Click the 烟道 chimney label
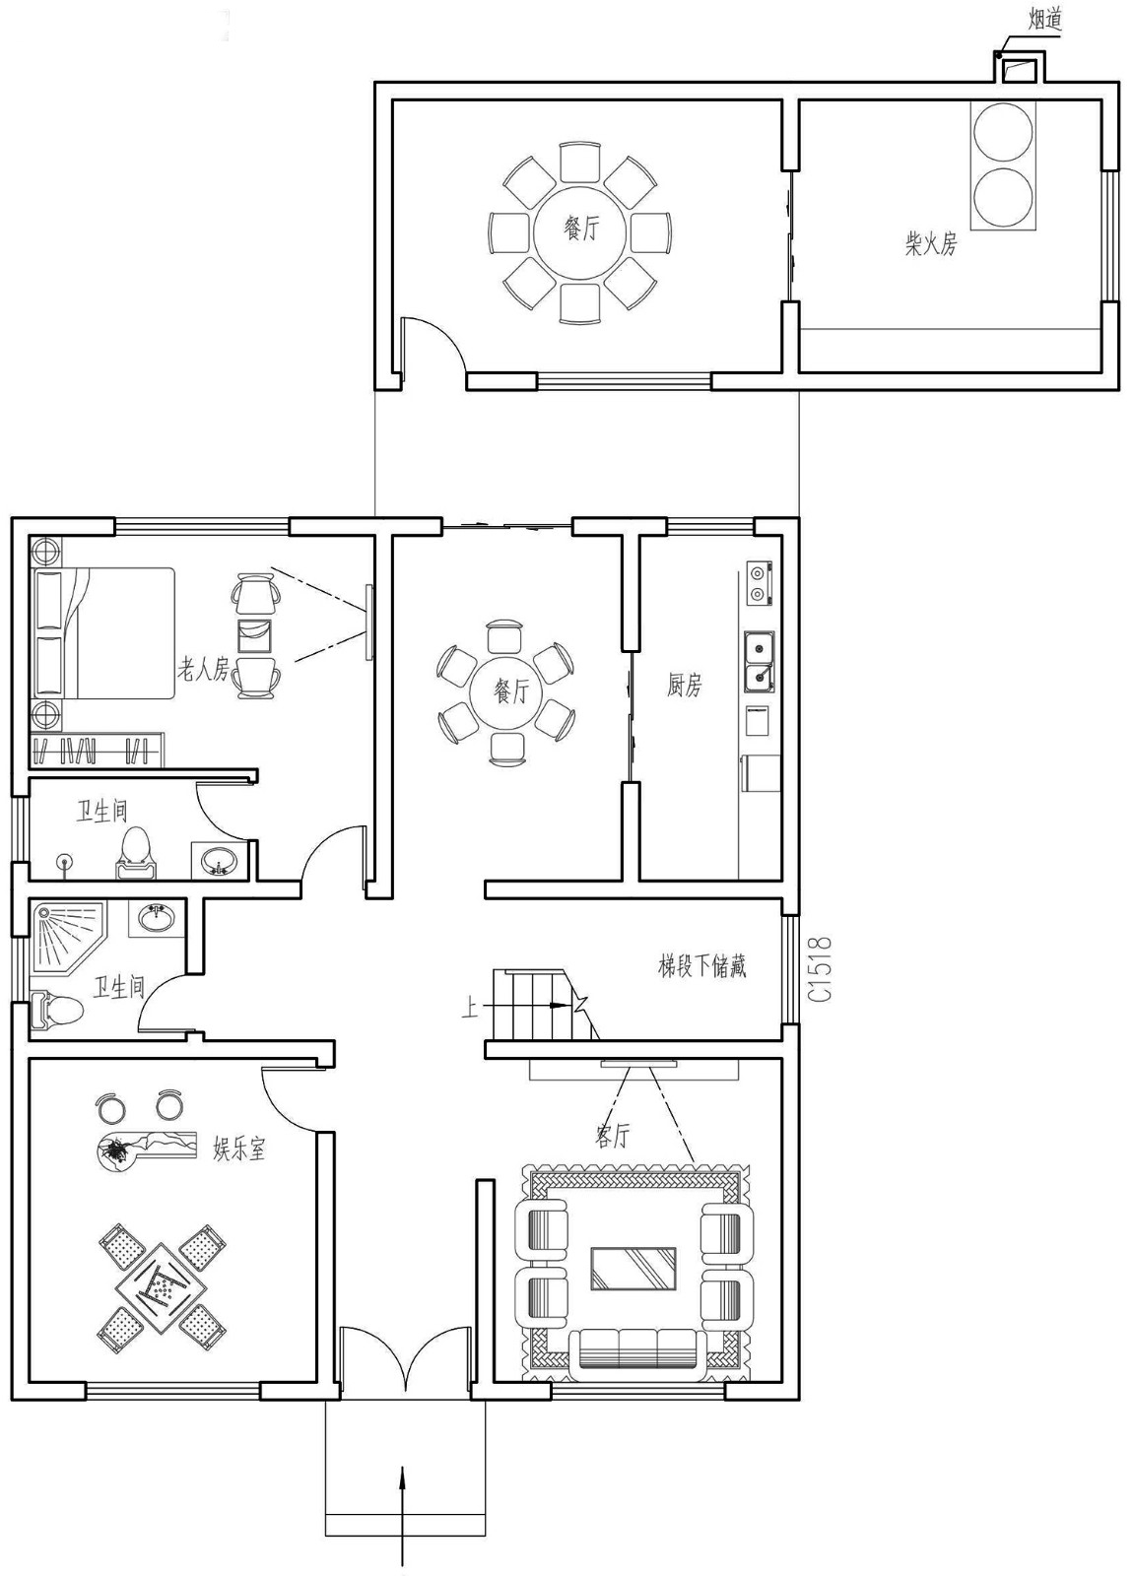[1043, 19]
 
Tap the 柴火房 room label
[930, 243]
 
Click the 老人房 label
[203, 671]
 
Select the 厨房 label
[684, 685]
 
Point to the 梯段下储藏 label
[701, 965]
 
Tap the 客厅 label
[612, 1136]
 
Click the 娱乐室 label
[239, 1148]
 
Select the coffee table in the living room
[633, 1269]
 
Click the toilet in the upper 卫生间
[136, 853]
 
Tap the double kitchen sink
[759, 663]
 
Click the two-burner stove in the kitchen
[758, 583]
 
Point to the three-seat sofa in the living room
[636, 1348]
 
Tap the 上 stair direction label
[470, 1008]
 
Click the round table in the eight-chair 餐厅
[581, 233]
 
